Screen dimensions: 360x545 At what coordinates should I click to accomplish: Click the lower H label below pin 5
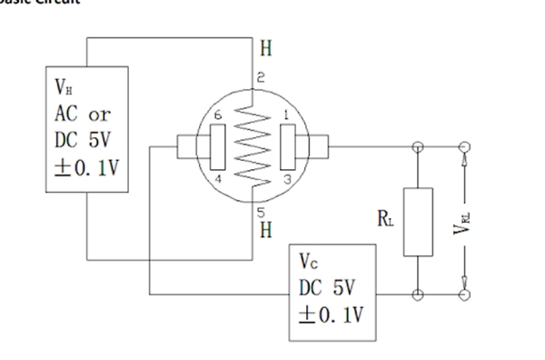tap(264, 229)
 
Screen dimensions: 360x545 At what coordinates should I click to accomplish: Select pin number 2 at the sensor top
tap(261, 80)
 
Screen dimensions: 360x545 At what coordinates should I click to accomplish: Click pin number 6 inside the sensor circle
tap(217, 115)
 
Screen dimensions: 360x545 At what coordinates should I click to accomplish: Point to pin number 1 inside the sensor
tap(287, 115)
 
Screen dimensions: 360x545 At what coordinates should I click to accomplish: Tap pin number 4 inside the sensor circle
tap(217, 179)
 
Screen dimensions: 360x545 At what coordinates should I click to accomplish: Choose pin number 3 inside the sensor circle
tap(287, 180)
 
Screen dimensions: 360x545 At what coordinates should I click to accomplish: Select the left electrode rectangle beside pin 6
tap(218, 146)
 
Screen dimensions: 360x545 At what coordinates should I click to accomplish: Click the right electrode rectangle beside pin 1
tap(288, 146)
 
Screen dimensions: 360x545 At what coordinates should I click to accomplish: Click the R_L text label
tap(386, 218)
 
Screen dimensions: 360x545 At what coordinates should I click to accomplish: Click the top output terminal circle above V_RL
tap(465, 146)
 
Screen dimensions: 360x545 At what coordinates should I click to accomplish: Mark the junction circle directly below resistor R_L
tap(418, 295)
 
